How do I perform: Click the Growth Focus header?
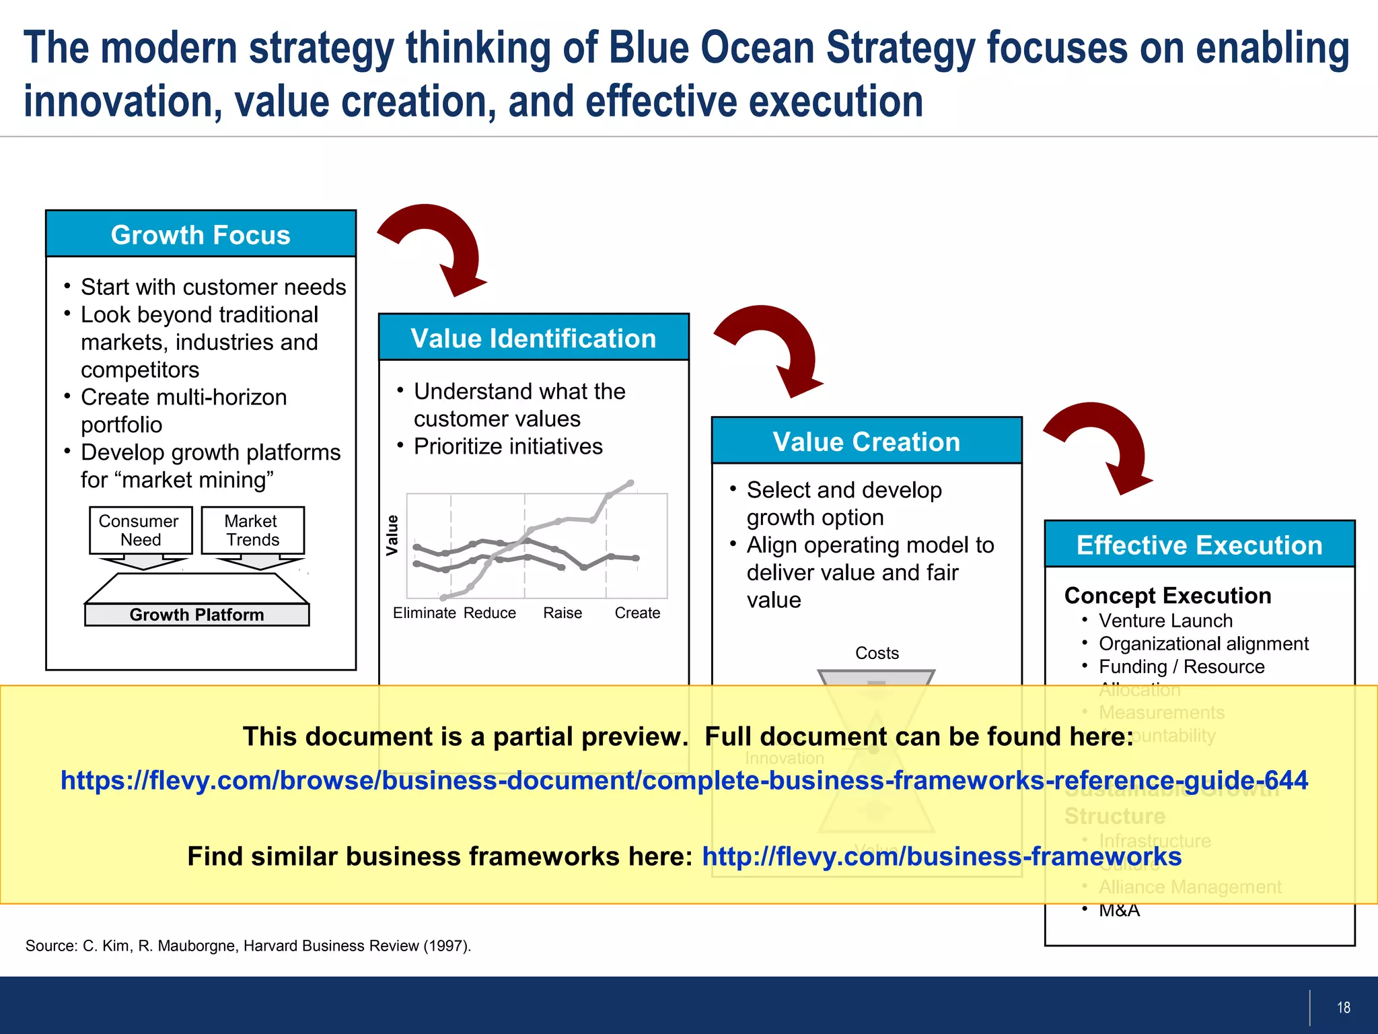(x=201, y=234)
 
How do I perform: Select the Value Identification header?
(x=533, y=338)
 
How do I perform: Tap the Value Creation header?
(x=867, y=442)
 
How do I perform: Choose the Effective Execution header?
(x=1199, y=545)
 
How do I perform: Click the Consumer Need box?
(x=140, y=530)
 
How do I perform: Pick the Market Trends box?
(x=252, y=530)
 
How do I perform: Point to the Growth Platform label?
(x=196, y=615)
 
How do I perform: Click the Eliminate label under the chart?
(x=425, y=613)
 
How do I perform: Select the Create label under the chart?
(x=637, y=613)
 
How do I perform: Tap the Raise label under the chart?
(x=563, y=613)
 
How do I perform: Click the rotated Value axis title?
(x=392, y=535)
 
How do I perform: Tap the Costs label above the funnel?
(x=877, y=653)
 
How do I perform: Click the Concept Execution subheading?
(x=1167, y=595)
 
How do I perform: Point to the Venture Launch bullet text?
(x=1165, y=621)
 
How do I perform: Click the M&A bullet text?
(x=1119, y=910)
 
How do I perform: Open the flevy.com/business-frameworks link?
(x=941, y=856)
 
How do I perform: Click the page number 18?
(x=1343, y=1007)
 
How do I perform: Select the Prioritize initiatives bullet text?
(x=508, y=446)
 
